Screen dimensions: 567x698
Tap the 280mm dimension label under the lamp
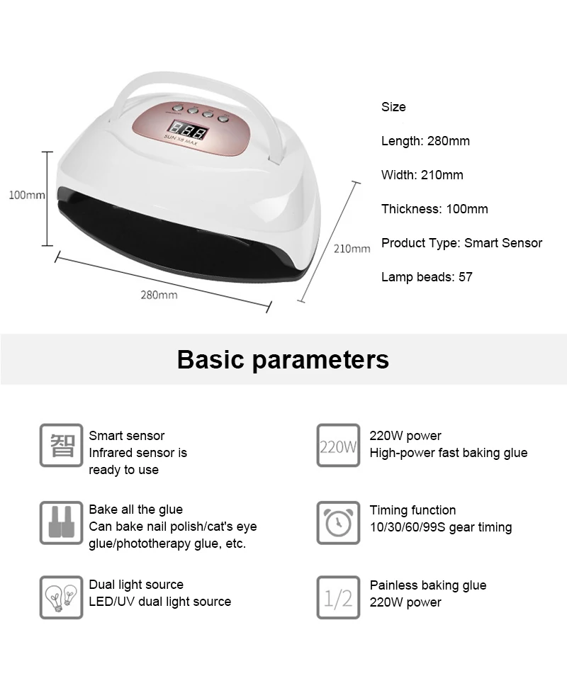point(159,294)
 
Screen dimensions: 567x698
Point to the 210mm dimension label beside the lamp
point(352,248)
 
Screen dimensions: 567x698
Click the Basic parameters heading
point(283,359)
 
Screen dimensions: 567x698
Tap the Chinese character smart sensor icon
point(61,446)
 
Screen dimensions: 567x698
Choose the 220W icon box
point(338,446)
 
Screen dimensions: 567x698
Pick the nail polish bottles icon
point(61,522)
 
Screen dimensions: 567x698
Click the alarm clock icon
point(338,522)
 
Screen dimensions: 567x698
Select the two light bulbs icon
point(61,597)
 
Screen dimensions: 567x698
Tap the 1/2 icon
point(338,597)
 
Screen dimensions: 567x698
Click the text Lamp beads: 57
point(427,277)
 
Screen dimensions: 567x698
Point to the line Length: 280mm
point(425,141)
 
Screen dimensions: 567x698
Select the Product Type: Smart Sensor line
point(461,243)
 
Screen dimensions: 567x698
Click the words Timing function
point(412,510)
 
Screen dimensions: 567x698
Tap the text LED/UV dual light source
point(159,602)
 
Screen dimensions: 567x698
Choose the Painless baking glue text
point(428,585)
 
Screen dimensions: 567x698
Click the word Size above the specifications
point(393,107)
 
